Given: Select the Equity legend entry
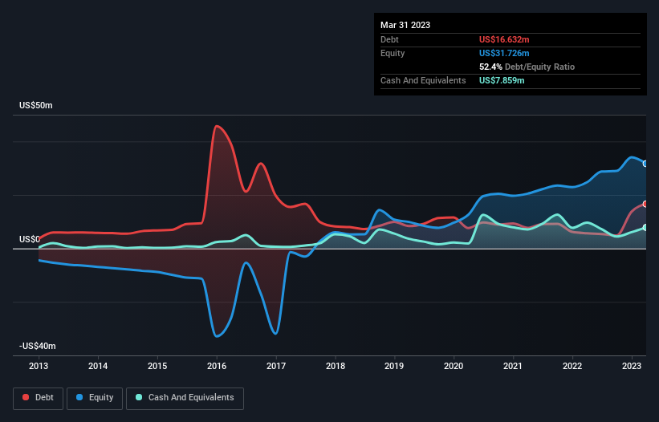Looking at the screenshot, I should [x=95, y=397].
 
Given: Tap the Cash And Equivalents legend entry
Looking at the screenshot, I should [x=185, y=397].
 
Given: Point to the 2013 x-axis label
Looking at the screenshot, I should [x=39, y=366].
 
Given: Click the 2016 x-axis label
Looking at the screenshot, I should [x=217, y=366].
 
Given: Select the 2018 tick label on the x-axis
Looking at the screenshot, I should [x=336, y=366].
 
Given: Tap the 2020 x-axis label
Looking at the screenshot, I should [x=454, y=366].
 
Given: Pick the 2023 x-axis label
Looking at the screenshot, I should [x=633, y=366].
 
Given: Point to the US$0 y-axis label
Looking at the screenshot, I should [x=30, y=239].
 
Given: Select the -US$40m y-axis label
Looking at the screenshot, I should [x=37, y=346].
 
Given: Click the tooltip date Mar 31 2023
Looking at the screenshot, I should [x=405, y=25].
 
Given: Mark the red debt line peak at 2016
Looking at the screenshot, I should [x=215, y=126].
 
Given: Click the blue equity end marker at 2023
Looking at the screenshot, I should [x=645, y=164].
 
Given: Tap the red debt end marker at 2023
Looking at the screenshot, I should [x=645, y=204].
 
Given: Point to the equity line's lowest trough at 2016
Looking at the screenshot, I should [x=217, y=335].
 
